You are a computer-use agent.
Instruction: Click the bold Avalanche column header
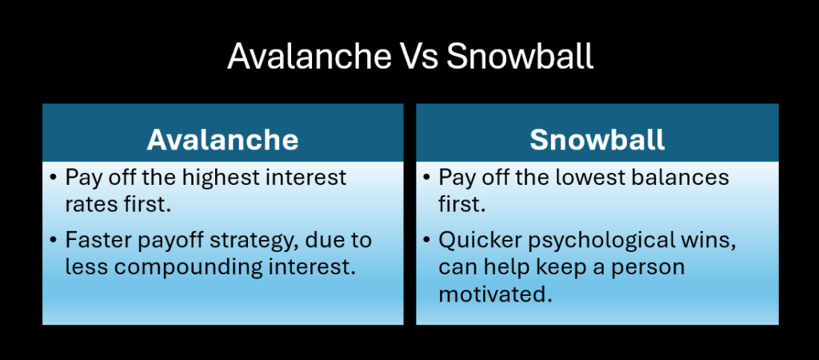(x=222, y=140)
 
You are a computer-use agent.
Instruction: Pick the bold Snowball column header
(x=597, y=140)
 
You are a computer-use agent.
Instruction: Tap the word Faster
(x=98, y=240)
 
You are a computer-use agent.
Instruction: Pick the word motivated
(x=495, y=294)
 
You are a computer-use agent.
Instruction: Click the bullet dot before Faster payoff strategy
(x=53, y=240)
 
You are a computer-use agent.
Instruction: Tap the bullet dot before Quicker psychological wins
(x=426, y=240)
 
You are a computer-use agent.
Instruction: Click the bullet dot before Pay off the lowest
(x=426, y=178)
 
